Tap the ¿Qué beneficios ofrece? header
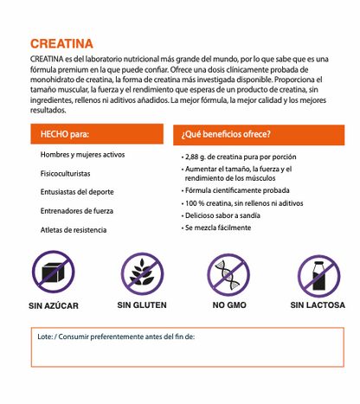(225, 134)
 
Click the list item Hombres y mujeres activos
(83, 154)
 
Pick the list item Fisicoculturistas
(66, 173)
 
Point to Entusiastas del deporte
(77, 192)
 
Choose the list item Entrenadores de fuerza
(78, 211)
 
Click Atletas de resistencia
(74, 230)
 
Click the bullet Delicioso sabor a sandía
(228, 215)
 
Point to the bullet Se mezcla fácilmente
(218, 228)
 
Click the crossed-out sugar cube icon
(54, 273)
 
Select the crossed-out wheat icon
(142, 273)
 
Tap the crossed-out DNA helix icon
(229, 273)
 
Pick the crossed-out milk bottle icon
(318, 273)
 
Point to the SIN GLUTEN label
(142, 305)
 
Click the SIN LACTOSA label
(318, 305)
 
